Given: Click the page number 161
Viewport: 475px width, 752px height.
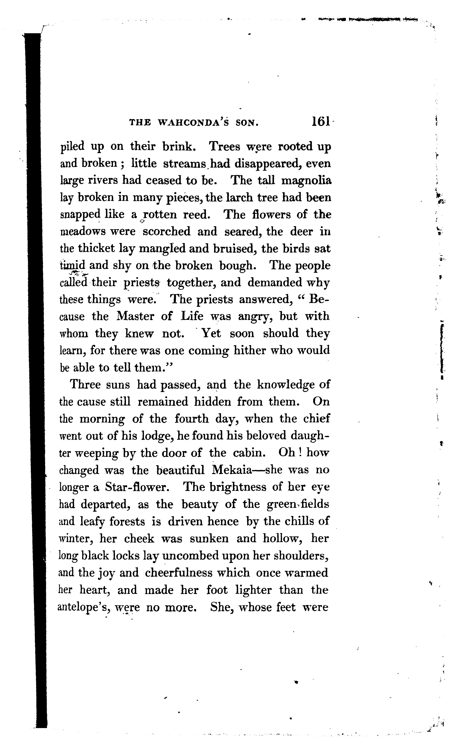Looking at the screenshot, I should click(320, 122).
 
